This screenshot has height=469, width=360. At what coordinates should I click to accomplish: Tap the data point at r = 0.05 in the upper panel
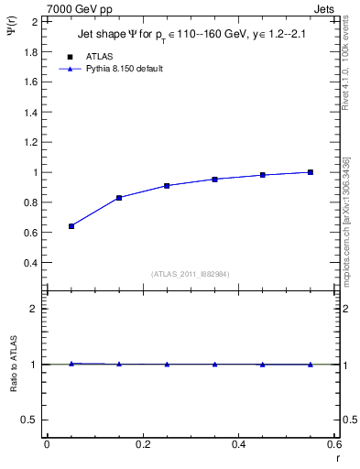coord(71,226)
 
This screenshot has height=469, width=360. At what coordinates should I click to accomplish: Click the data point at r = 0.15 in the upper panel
coord(119,198)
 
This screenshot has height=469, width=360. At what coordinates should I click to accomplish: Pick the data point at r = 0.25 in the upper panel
coord(167,186)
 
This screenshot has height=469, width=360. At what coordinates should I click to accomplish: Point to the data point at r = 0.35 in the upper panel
coord(214,180)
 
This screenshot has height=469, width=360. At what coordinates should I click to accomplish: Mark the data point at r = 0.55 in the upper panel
coord(311,172)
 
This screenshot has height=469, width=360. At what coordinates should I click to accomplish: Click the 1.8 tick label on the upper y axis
coord(30,52)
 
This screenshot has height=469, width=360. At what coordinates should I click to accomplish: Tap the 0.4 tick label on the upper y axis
coord(30,263)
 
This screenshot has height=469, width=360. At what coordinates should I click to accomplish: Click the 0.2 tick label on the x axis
coord(142,445)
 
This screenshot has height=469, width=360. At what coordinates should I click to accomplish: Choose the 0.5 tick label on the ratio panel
coord(30,420)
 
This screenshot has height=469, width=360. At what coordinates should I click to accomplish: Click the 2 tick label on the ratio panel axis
coord(35,309)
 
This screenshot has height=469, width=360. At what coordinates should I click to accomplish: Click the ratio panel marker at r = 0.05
coord(71,364)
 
